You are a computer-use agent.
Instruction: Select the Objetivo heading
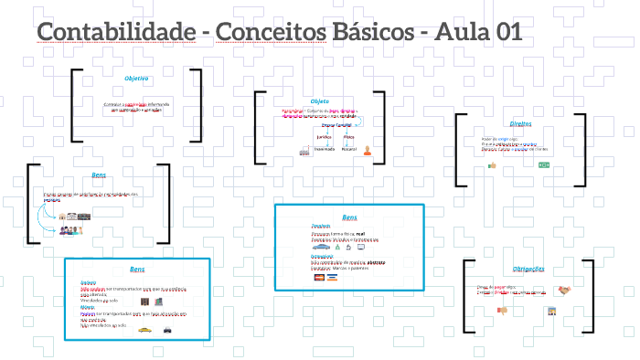click(x=136, y=79)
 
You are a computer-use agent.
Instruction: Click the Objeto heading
click(x=319, y=101)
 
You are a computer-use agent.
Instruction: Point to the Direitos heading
click(x=520, y=123)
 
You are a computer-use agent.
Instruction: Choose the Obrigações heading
click(x=528, y=269)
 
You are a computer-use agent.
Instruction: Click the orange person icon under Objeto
click(x=367, y=151)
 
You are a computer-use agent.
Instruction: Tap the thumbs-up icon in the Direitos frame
click(x=491, y=165)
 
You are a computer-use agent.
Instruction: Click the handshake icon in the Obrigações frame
click(x=565, y=291)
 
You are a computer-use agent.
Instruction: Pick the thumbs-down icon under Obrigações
click(x=501, y=311)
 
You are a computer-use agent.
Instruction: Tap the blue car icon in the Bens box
click(x=321, y=247)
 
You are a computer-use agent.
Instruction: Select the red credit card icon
click(x=320, y=277)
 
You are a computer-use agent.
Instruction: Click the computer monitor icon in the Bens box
click(x=360, y=247)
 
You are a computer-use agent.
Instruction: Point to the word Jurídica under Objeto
click(x=298, y=136)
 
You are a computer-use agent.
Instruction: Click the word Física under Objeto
click(x=348, y=136)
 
